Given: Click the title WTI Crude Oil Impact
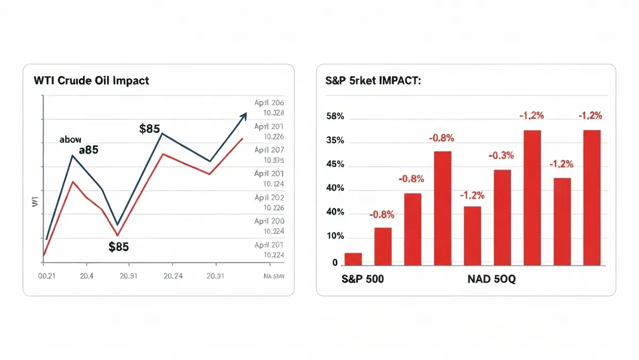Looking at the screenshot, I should point(91,81).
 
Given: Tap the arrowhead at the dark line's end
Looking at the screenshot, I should point(244,116).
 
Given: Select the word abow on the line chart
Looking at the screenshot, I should point(70,140).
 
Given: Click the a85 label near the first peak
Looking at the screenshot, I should point(88,150).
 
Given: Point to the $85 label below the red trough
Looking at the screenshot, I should point(118,247).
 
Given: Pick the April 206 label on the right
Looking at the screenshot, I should point(269,103).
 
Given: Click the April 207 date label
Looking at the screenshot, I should point(269,150).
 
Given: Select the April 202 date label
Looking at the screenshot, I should point(269,198).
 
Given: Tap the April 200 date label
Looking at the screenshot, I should point(269,221).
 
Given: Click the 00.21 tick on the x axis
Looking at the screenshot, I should point(47,276).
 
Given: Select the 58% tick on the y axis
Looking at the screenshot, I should point(335,117).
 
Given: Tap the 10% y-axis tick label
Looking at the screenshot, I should point(335,236).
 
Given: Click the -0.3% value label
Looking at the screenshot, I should point(501,156).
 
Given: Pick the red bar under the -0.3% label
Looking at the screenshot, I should point(502,217).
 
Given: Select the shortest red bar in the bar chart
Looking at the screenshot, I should point(353,259).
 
